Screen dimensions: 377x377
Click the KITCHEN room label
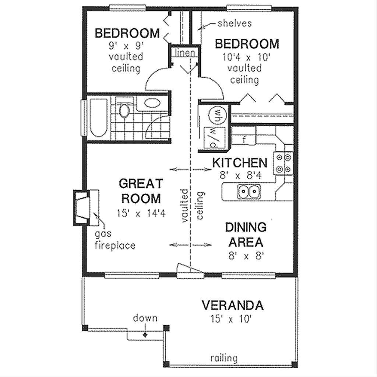pos(239,162)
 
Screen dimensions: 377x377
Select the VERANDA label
pos(233,305)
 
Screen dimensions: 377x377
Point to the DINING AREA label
pos(246,235)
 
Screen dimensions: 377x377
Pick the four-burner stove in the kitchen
pos(283,163)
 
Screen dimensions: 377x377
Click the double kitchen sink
pos(249,191)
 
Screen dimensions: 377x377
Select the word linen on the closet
pos(184,53)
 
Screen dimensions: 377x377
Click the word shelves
pos(234,24)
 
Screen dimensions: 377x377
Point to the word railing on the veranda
pos(224,358)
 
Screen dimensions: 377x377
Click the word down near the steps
pos(145,318)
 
